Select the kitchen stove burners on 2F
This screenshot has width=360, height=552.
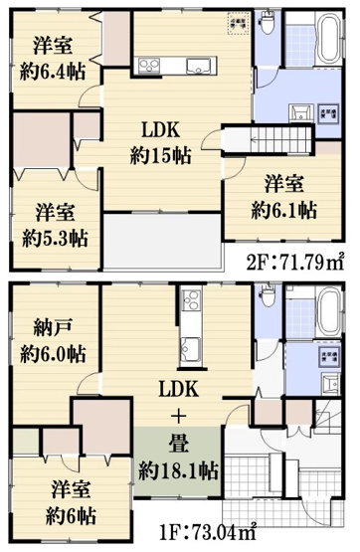pos(149,67)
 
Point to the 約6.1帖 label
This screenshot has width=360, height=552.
pos(284,210)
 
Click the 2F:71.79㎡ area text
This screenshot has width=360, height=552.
pos(295,266)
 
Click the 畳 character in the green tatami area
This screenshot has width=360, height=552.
pos(180,442)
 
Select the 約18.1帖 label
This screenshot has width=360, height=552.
pos(180,467)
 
